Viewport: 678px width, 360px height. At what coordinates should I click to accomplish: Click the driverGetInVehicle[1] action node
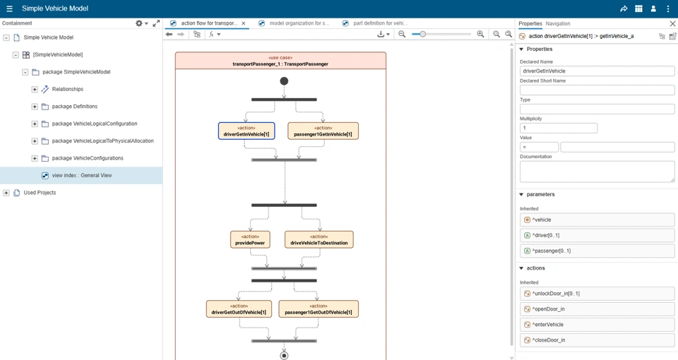(x=246, y=131)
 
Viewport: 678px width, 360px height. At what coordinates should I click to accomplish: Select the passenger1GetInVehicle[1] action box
(x=323, y=131)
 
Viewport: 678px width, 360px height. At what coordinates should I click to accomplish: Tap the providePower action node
(x=250, y=240)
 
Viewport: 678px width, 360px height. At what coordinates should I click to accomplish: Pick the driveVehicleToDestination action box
(x=319, y=240)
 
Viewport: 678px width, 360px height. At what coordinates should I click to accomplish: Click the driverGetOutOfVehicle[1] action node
(x=239, y=309)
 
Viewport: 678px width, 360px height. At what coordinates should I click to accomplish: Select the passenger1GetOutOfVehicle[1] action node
(x=319, y=309)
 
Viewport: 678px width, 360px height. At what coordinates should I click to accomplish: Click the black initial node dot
(x=284, y=81)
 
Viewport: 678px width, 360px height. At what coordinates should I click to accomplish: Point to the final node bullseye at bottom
(x=284, y=355)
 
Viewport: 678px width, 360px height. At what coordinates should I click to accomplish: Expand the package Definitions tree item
(x=35, y=107)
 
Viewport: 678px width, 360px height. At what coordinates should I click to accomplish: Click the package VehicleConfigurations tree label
(x=88, y=158)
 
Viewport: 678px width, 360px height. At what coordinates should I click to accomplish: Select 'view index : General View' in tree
(x=81, y=176)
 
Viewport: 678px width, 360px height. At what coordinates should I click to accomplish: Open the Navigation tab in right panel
(x=558, y=23)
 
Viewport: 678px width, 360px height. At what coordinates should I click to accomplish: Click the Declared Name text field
(x=597, y=71)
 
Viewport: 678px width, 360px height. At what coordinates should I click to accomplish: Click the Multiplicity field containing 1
(x=558, y=128)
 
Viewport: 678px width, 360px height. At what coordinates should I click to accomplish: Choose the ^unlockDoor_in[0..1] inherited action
(x=597, y=294)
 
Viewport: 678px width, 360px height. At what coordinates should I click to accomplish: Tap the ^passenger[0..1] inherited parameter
(x=597, y=251)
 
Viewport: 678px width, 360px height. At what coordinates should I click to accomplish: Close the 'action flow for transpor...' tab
(x=244, y=23)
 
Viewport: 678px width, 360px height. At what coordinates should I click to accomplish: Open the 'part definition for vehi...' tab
(x=380, y=23)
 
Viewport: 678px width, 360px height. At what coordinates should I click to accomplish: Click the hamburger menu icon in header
(x=9, y=9)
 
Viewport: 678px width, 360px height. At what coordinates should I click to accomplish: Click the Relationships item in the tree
(x=67, y=90)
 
